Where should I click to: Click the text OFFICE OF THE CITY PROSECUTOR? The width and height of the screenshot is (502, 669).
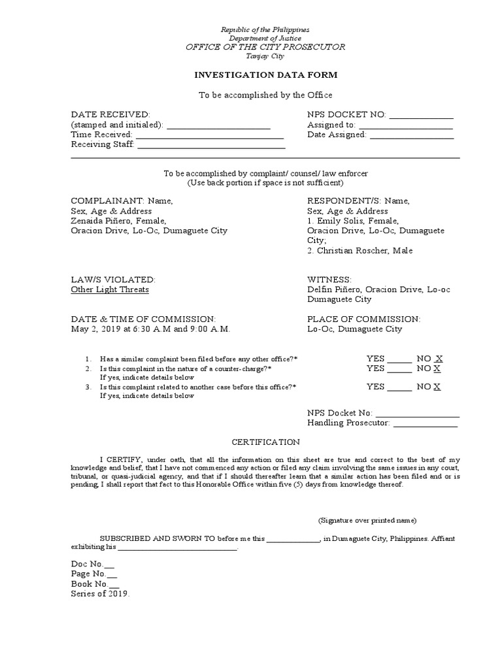point(265,48)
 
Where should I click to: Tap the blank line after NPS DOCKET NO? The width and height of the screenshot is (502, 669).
point(421,116)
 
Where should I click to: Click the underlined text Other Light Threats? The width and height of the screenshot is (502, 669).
point(110,289)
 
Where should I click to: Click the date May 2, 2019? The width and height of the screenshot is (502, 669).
point(97,329)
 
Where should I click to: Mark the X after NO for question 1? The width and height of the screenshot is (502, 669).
point(439,359)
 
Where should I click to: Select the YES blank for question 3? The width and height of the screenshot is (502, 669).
point(399,387)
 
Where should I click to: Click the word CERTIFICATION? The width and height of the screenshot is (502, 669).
point(264,442)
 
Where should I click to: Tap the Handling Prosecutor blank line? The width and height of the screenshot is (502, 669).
point(425,424)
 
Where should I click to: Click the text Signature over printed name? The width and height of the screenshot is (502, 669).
point(367,521)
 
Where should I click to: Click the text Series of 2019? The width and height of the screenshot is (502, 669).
point(101,594)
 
